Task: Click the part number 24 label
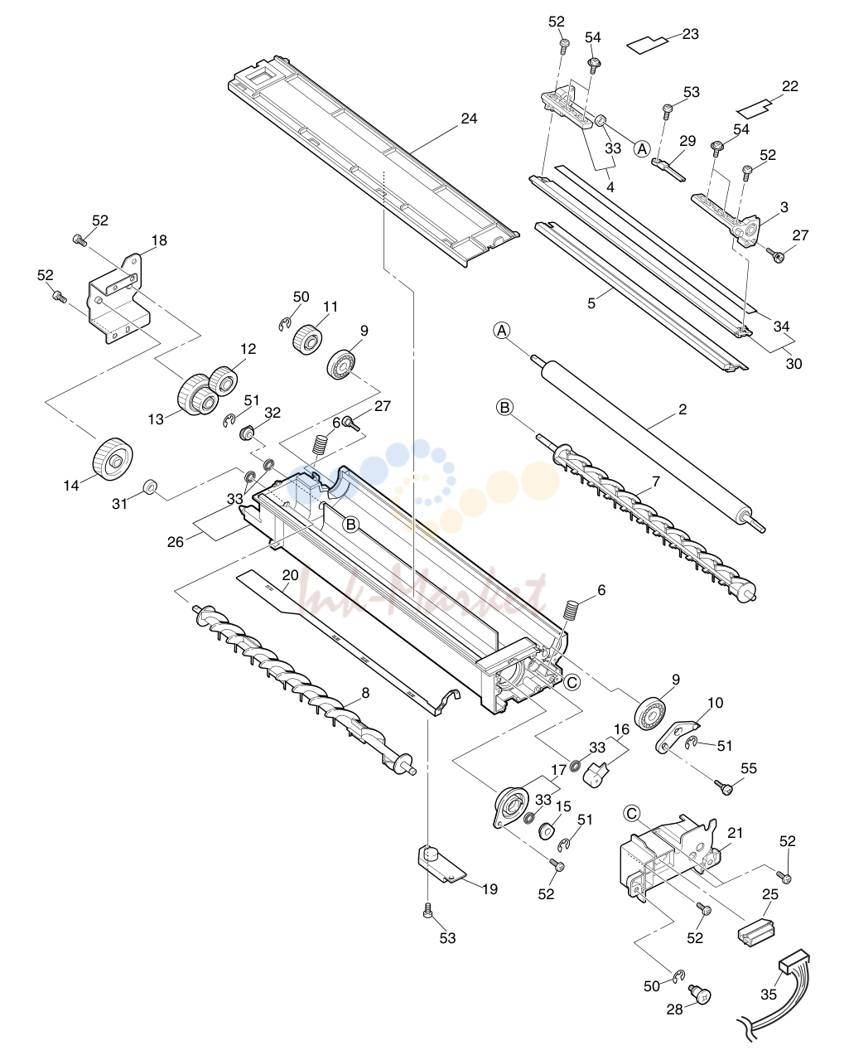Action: tap(469, 119)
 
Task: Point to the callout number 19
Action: tap(490, 888)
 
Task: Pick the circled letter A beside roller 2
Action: tap(502, 331)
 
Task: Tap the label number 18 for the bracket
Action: tap(159, 240)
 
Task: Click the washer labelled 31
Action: tap(149, 486)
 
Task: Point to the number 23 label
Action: tap(690, 34)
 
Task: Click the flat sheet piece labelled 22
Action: tap(755, 109)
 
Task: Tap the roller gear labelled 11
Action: tap(307, 339)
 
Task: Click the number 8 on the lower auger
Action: tap(365, 693)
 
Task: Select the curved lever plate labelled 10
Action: tap(676, 734)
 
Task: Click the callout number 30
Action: tap(794, 364)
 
